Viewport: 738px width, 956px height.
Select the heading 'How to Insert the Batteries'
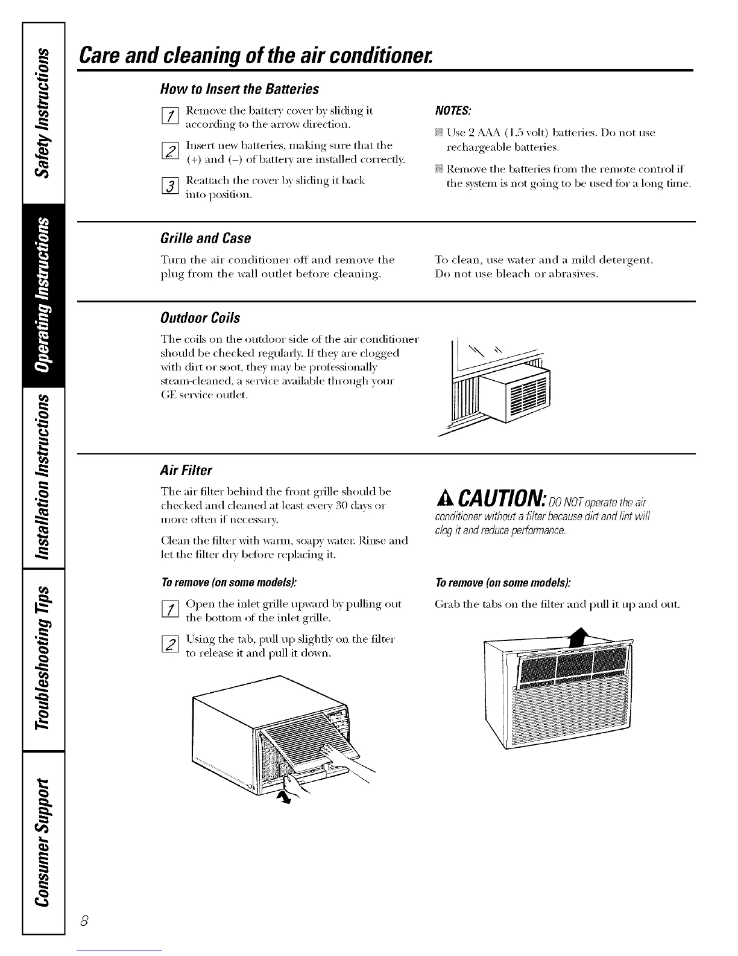[x=239, y=89]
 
